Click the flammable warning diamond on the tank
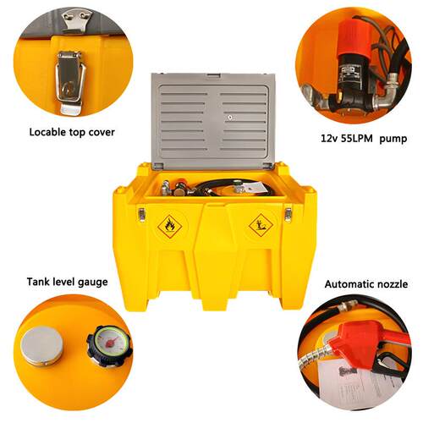[170, 227]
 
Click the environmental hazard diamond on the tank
[261, 225]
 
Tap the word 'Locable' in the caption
[47, 132]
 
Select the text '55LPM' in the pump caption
[356, 138]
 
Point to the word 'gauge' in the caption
[92, 282]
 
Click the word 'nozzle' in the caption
[391, 283]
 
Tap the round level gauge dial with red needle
[110, 345]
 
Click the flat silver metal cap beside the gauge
[41, 346]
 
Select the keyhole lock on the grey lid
[230, 118]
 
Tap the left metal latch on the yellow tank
[141, 215]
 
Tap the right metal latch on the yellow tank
[288, 215]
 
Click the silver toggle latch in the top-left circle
[70, 82]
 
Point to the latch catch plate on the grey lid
[75, 20]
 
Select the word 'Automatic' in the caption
[348, 283]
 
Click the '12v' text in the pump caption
[329, 138]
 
